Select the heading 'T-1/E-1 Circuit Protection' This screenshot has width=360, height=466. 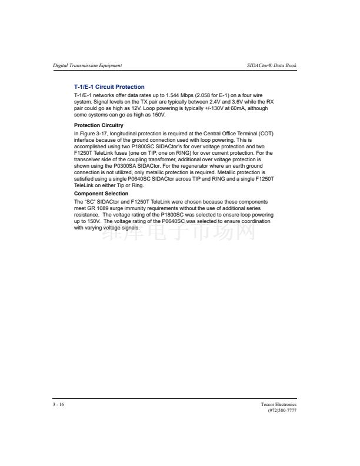coord(109,87)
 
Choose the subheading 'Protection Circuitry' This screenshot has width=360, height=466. coord(99,125)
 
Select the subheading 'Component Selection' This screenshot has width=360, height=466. coord(101,194)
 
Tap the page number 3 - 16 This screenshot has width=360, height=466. coord(58,405)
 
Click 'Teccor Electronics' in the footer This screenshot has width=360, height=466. coord(279,405)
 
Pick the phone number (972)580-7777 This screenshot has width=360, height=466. coord(282,411)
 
